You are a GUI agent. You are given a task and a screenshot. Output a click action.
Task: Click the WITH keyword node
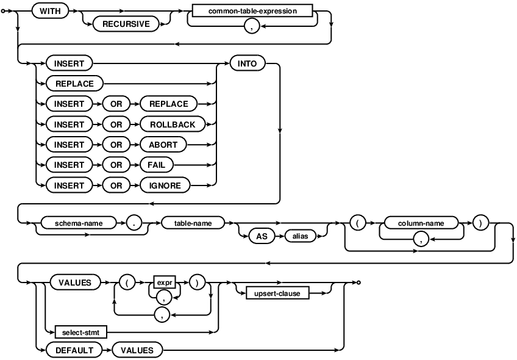[x=50, y=12]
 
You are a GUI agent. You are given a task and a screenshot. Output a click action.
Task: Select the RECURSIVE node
[x=126, y=26]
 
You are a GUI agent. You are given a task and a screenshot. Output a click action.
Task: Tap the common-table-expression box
[x=252, y=12]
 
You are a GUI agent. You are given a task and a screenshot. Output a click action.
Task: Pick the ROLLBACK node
[x=173, y=124]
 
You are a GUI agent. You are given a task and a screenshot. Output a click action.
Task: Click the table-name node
[x=193, y=223]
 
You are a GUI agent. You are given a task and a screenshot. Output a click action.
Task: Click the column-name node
[x=419, y=223]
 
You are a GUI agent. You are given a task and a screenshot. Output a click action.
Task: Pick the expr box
[x=163, y=283]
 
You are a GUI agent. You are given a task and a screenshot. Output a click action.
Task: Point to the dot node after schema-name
[x=137, y=223]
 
